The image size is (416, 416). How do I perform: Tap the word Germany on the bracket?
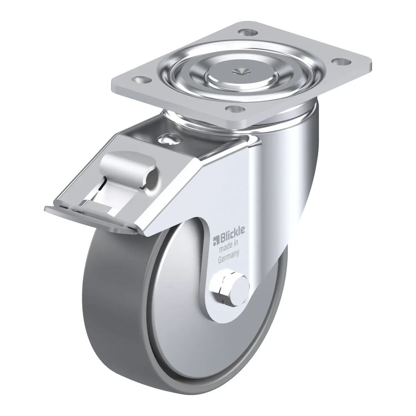click(229, 257)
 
